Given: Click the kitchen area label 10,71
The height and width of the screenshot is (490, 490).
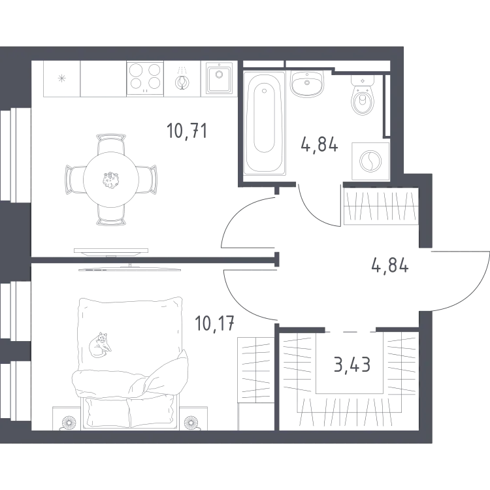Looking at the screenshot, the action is (187, 131).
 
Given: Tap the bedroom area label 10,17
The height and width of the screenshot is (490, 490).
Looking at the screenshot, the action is (214, 323).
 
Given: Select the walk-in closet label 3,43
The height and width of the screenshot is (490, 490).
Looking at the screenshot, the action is (352, 365).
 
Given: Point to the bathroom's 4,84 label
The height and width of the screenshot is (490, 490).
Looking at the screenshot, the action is (319, 144).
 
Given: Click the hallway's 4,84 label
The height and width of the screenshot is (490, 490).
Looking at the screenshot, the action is (390, 266).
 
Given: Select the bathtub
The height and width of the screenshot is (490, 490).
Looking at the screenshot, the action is (265, 123).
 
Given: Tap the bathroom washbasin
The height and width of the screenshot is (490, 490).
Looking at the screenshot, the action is (307, 84).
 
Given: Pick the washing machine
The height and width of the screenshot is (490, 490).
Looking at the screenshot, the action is (370, 161).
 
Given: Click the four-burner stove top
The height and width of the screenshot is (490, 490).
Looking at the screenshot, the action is (145, 78).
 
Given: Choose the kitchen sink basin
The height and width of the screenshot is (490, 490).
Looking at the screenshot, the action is (219, 78).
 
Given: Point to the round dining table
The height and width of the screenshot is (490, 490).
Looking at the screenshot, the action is (111, 180).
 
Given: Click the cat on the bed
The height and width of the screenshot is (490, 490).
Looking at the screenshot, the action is (100, 345).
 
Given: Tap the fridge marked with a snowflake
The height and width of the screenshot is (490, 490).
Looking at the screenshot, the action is (61, 78).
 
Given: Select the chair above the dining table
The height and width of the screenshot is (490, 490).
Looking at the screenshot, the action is (111, 144).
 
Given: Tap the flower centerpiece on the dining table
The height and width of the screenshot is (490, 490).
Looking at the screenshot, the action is (110, 180).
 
